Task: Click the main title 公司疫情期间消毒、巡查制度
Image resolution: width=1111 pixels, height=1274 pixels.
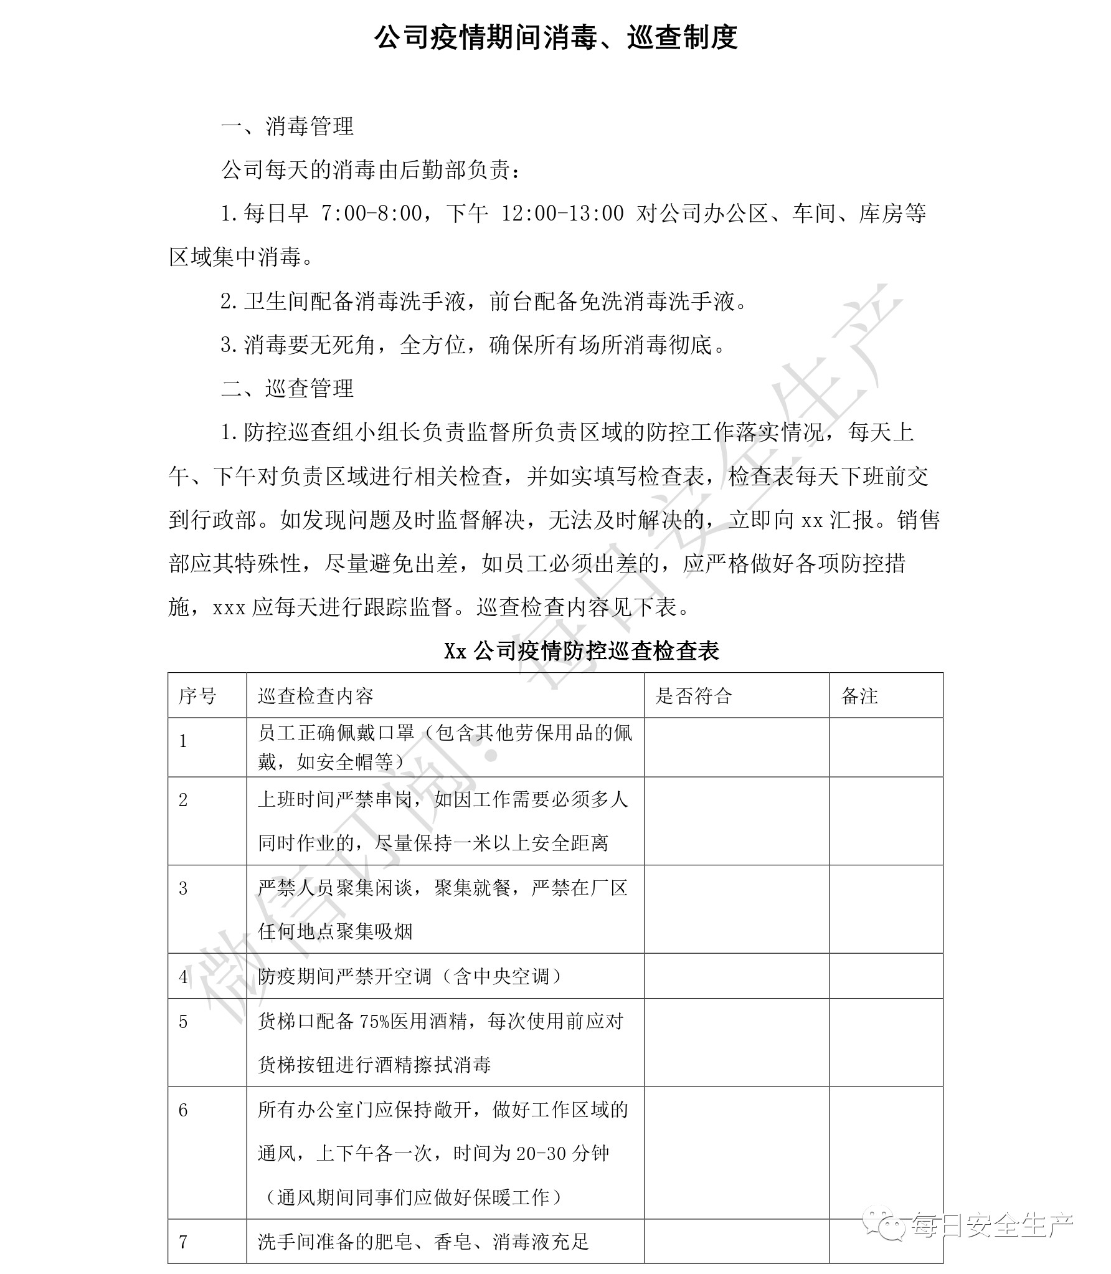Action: [555, 38]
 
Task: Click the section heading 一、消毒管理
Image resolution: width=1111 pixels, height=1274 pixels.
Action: [287, 126]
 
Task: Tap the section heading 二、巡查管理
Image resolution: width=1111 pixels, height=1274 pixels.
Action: [287, 389]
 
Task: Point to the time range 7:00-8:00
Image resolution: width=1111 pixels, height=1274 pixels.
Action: [371, 214]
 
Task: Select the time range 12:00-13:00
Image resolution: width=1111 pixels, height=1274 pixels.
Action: [562, 214]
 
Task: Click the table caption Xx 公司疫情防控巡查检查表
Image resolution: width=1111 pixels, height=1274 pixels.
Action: [582, 651]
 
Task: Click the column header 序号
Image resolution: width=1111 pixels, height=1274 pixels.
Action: [198, 696]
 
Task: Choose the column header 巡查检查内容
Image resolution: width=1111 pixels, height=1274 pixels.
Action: [316, 696]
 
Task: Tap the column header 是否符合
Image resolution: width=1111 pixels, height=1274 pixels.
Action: [693, 696]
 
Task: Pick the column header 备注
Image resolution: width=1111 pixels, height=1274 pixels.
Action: [859, 696]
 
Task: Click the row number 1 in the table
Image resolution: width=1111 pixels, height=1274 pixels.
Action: [183, 741]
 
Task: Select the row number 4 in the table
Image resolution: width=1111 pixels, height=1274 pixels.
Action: [183, 976]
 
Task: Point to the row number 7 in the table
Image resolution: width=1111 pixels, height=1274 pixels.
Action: [183, 1242]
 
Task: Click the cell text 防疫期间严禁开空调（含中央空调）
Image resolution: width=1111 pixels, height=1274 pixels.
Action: [410, 976]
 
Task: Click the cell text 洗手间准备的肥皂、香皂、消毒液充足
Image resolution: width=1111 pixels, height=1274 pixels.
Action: [423, 1242]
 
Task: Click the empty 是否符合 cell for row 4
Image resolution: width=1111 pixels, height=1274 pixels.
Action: [737, 976]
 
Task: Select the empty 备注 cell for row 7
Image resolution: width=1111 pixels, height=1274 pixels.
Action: [886, 1242]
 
